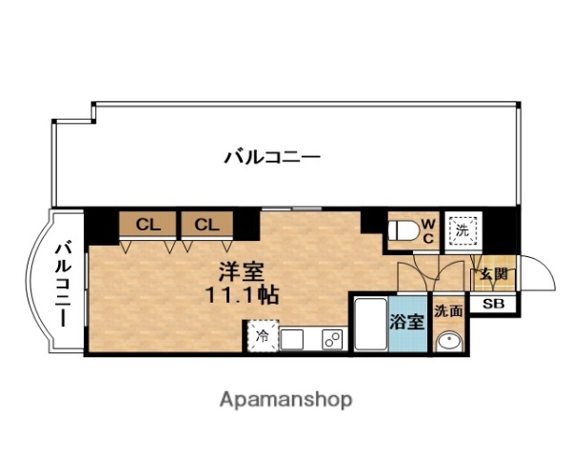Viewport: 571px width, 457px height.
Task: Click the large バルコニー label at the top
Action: (272, 156)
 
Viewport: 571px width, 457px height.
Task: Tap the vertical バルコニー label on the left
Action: (63, 285)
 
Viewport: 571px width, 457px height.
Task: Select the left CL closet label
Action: (148, 225)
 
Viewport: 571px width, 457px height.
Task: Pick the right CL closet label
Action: (207, 225)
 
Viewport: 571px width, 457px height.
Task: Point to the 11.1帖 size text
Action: (242, 294)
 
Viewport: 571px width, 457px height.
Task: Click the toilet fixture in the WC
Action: (403, 228)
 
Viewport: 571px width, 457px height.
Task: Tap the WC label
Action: (428, 228)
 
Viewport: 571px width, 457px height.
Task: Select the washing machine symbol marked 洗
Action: (463, 229)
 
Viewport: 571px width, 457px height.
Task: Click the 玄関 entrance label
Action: (494, 275)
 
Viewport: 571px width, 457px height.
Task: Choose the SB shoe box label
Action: (493, 305)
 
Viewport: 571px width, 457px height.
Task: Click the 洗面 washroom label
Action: (448, 310)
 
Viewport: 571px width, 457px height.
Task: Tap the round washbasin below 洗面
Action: (447, 341)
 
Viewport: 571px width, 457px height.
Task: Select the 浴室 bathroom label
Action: (407, 322)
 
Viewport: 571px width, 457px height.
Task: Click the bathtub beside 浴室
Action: (369, 324)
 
